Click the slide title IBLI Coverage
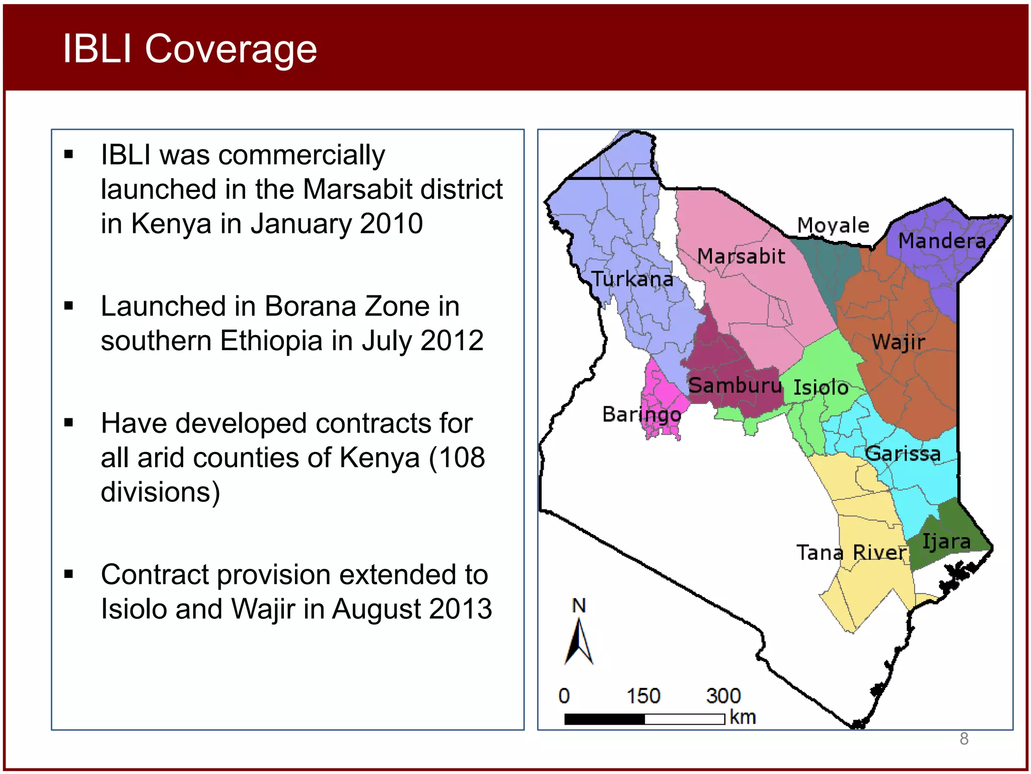(189, 49)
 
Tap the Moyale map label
(833, 225)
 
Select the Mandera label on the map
(942, 241)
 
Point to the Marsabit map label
(741, 256)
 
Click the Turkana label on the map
(632, 279)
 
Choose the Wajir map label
(899, 342)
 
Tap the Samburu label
(735, 385)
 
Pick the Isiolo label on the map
(821, 388)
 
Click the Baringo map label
(642, 415)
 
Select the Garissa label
(903, 454)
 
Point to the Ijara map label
(946, 542)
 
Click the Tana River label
(851, 553)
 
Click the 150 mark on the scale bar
(643, 696)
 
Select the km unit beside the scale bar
(743, 717)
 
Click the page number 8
(964, 739)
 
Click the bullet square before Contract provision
(69, 574)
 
